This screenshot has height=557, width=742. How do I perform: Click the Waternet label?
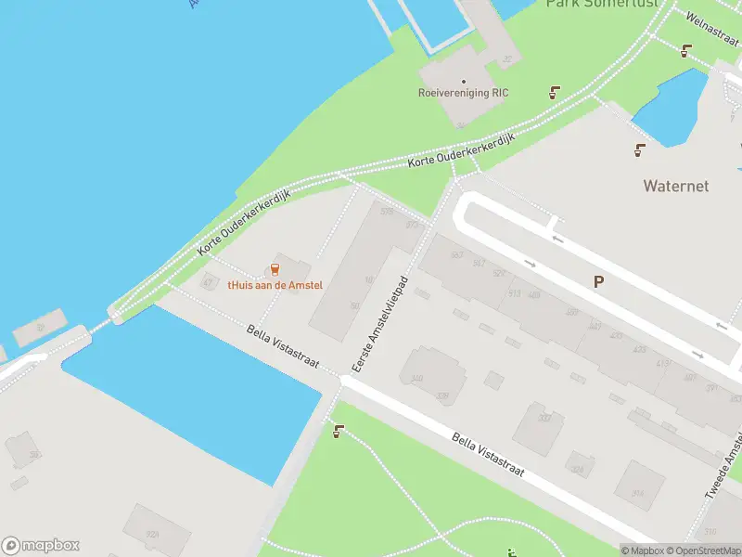(675, 186)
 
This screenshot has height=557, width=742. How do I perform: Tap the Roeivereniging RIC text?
(464, 93)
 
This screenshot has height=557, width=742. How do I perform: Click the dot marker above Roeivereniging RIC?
(464, 81)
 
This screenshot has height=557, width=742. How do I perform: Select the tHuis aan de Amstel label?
(275, 285)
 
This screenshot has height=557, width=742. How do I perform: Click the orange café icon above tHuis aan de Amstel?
(275, 269)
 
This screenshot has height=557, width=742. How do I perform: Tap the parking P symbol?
(599, 280)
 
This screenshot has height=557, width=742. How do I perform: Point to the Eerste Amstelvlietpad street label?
(377, 323)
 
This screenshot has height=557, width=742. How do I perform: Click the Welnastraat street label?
(712, 21)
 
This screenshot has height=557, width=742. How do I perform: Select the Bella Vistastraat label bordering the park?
(487, 455)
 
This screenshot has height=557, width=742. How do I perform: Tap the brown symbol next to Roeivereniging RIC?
(555, 92)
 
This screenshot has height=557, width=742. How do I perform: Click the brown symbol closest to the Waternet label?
(639, 149)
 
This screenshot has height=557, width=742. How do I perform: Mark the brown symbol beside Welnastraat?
(685, 51)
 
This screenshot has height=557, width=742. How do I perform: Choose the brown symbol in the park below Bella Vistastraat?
(338, 431)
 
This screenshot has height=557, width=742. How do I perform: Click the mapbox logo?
(40, 546)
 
